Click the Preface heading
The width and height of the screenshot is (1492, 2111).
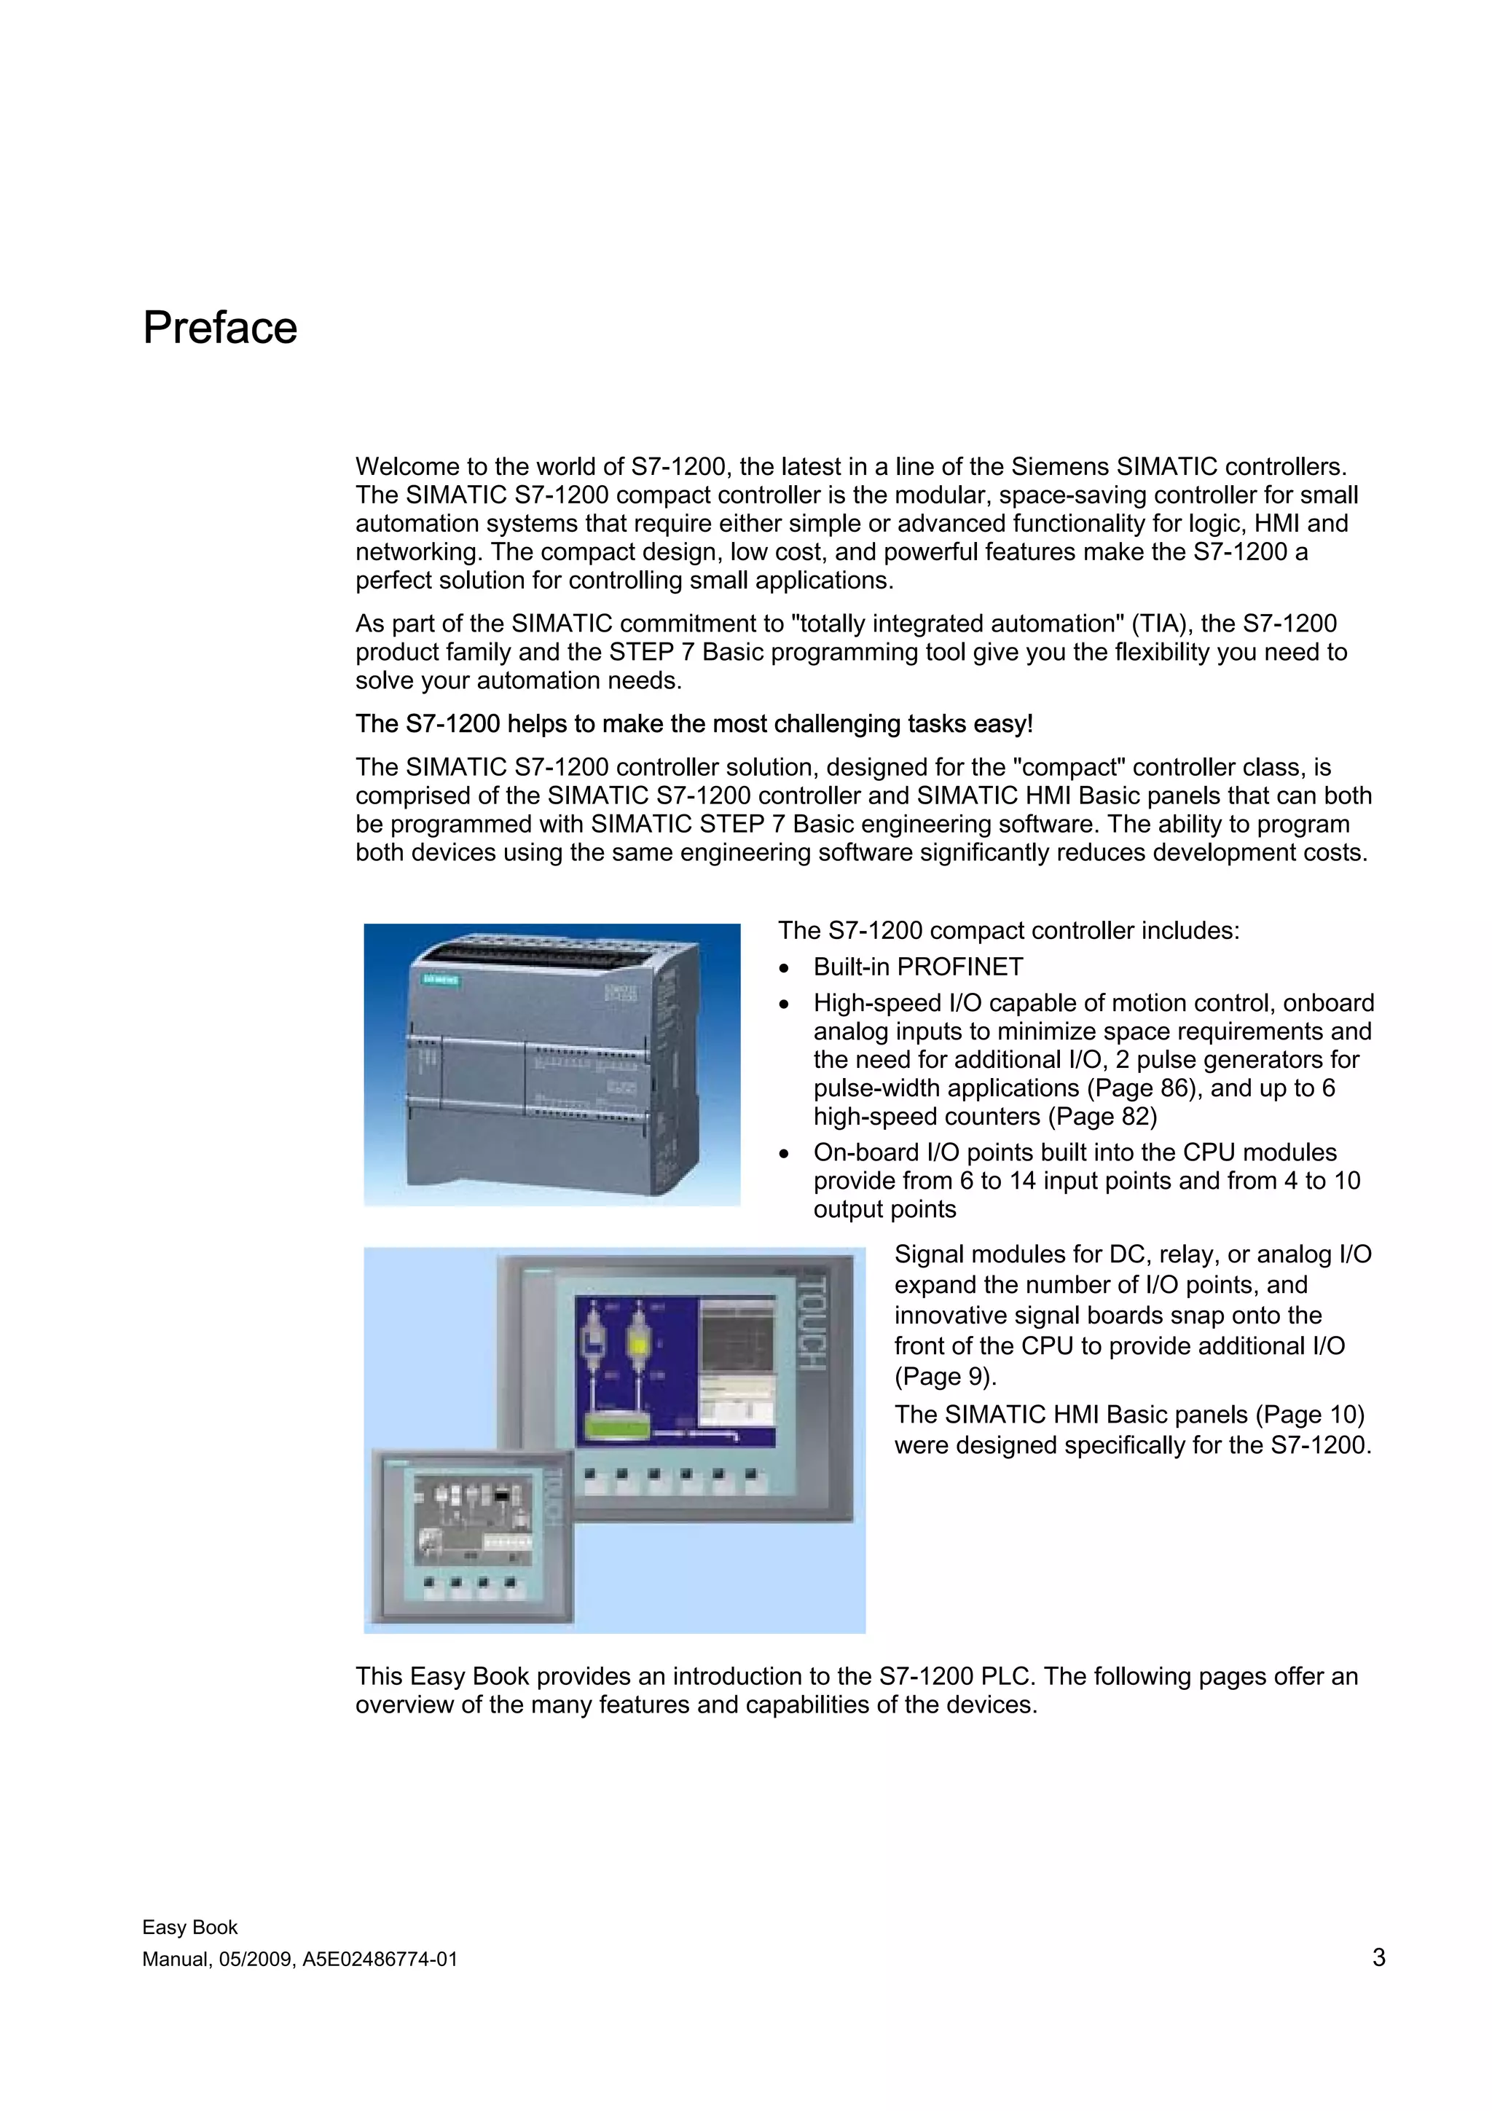pyautogui.click(x=220, y=329)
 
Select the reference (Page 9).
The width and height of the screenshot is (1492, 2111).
pyautogui.click(x=945, y=1377)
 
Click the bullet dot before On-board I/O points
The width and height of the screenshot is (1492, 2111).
pyautogui.click(x=783, y=1153)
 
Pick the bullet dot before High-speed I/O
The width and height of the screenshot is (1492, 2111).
pyautogui.click(x=783, y=1003)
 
